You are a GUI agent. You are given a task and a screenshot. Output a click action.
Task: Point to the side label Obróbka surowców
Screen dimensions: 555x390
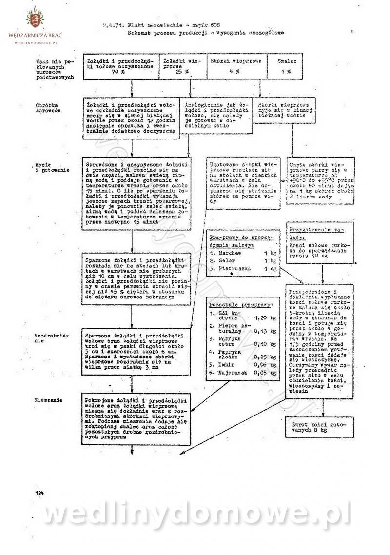coord(48,108)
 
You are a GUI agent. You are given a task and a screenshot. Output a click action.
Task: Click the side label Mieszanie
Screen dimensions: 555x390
coord(48,400)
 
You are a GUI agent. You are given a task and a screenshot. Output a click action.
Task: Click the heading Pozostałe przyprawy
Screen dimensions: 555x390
coord(240,304)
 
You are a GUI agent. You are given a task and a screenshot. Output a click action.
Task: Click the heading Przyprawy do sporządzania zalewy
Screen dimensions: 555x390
coord(240,239)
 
